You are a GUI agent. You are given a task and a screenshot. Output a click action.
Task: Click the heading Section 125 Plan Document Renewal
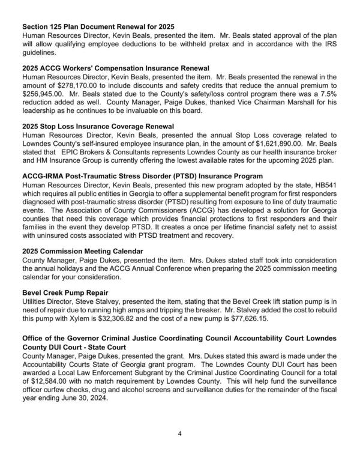tap(98, 27)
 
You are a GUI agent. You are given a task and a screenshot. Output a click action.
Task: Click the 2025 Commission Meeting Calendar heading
tap(83, 251)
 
